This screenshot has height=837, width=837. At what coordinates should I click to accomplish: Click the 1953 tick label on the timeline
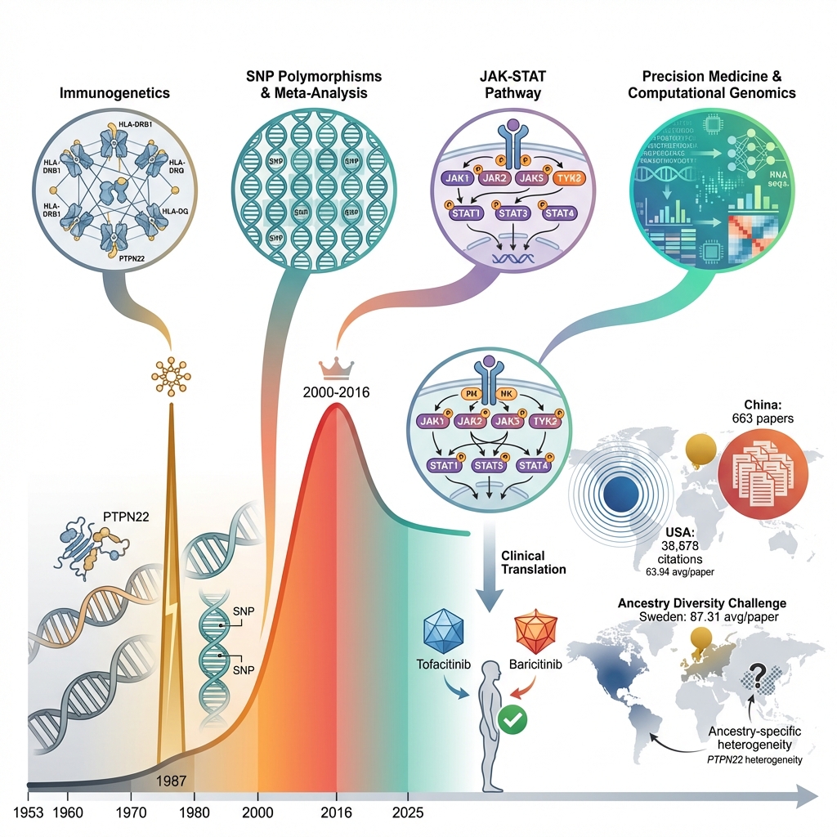(29, 814)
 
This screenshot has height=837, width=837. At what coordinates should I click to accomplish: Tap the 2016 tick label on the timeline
(336, 814)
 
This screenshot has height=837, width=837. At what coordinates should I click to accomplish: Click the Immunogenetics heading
(114, 92)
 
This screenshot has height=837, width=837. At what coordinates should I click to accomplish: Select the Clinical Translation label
(523, 562)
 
